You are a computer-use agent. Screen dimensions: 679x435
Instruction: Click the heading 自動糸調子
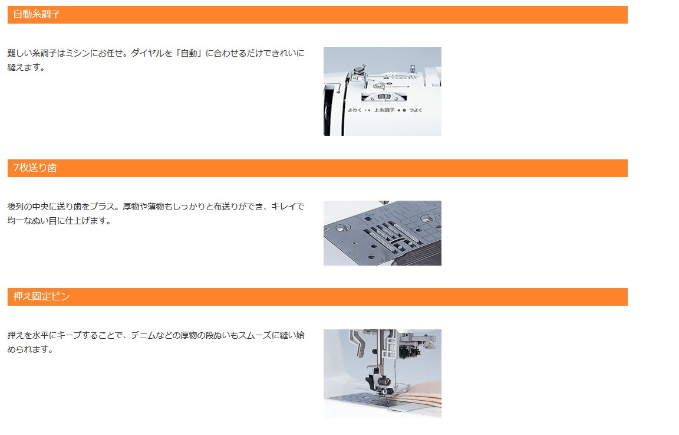tap(37, 14)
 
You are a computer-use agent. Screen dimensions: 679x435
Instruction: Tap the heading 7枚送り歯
tap(35, 168)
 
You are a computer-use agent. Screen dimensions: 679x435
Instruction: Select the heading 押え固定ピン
tap(42, 297)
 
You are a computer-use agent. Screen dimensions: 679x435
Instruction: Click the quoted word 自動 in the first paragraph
tap(189, 53)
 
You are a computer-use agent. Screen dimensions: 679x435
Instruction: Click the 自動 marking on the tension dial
tap(384, 97)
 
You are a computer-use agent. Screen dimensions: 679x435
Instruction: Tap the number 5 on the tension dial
tap(372, 99)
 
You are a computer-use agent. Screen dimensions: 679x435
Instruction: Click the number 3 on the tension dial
tap(396, 99)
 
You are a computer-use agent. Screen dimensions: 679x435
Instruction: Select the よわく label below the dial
tap(354, 110)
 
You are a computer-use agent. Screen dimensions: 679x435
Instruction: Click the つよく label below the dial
tap(416, 110)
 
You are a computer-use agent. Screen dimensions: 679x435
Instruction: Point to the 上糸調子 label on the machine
tap(384, 110)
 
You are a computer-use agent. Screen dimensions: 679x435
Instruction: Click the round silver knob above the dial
tap(358, 70)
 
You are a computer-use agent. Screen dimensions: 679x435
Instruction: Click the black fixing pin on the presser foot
tap(386, 392)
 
